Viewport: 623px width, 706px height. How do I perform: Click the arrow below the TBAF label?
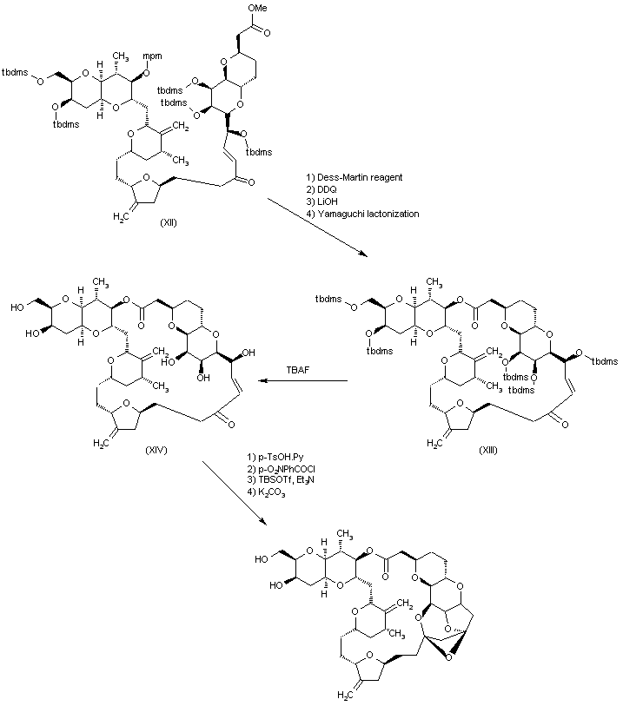(x=301, y=380)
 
